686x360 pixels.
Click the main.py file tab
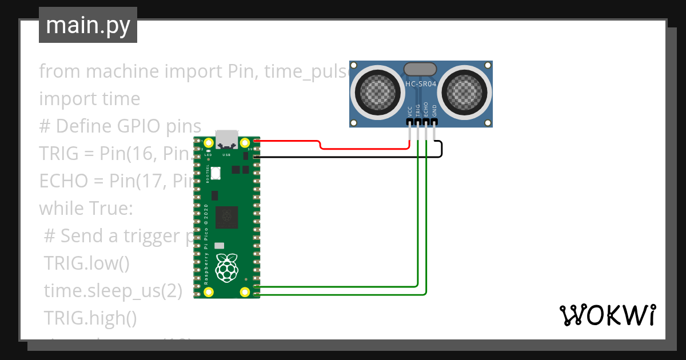pyautogui.click(x=87, y=25)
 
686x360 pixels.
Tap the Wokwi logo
pyautogui.click(x=607, y=315)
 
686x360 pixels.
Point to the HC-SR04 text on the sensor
pyautogui.click(x=421, y=85)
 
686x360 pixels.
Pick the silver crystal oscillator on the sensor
pyautogui.click(x=421, y=70)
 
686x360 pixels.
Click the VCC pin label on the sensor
pyautogui.click(x=410, y=111)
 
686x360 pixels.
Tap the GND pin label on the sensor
pyautogui.click(x=434, y=111)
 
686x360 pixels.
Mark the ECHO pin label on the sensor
pyautogui.click(x=426, y=110)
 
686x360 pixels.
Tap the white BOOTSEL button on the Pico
pyautogui.click(x=216, y=173)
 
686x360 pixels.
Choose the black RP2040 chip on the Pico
pyautogui.click(x=227, y=217)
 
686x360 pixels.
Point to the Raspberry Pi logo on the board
pyautogui.click(x=227, y=266)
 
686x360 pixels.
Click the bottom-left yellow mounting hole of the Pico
pyautogui.click(x=209, y=292)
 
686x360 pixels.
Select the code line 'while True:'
pyautogui.click(x=86, y=208)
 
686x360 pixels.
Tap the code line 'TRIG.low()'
pyautogui.click(x=87, y=263)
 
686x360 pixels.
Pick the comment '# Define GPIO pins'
pyautogui.click(x=120, y=126)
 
